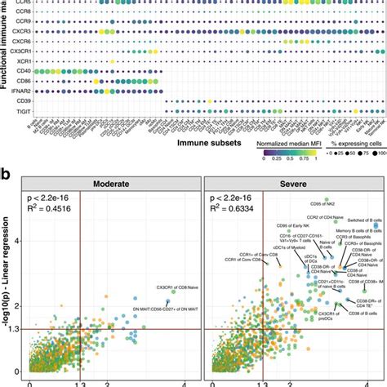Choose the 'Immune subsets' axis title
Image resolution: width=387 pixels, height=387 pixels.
tap(209, 141)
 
